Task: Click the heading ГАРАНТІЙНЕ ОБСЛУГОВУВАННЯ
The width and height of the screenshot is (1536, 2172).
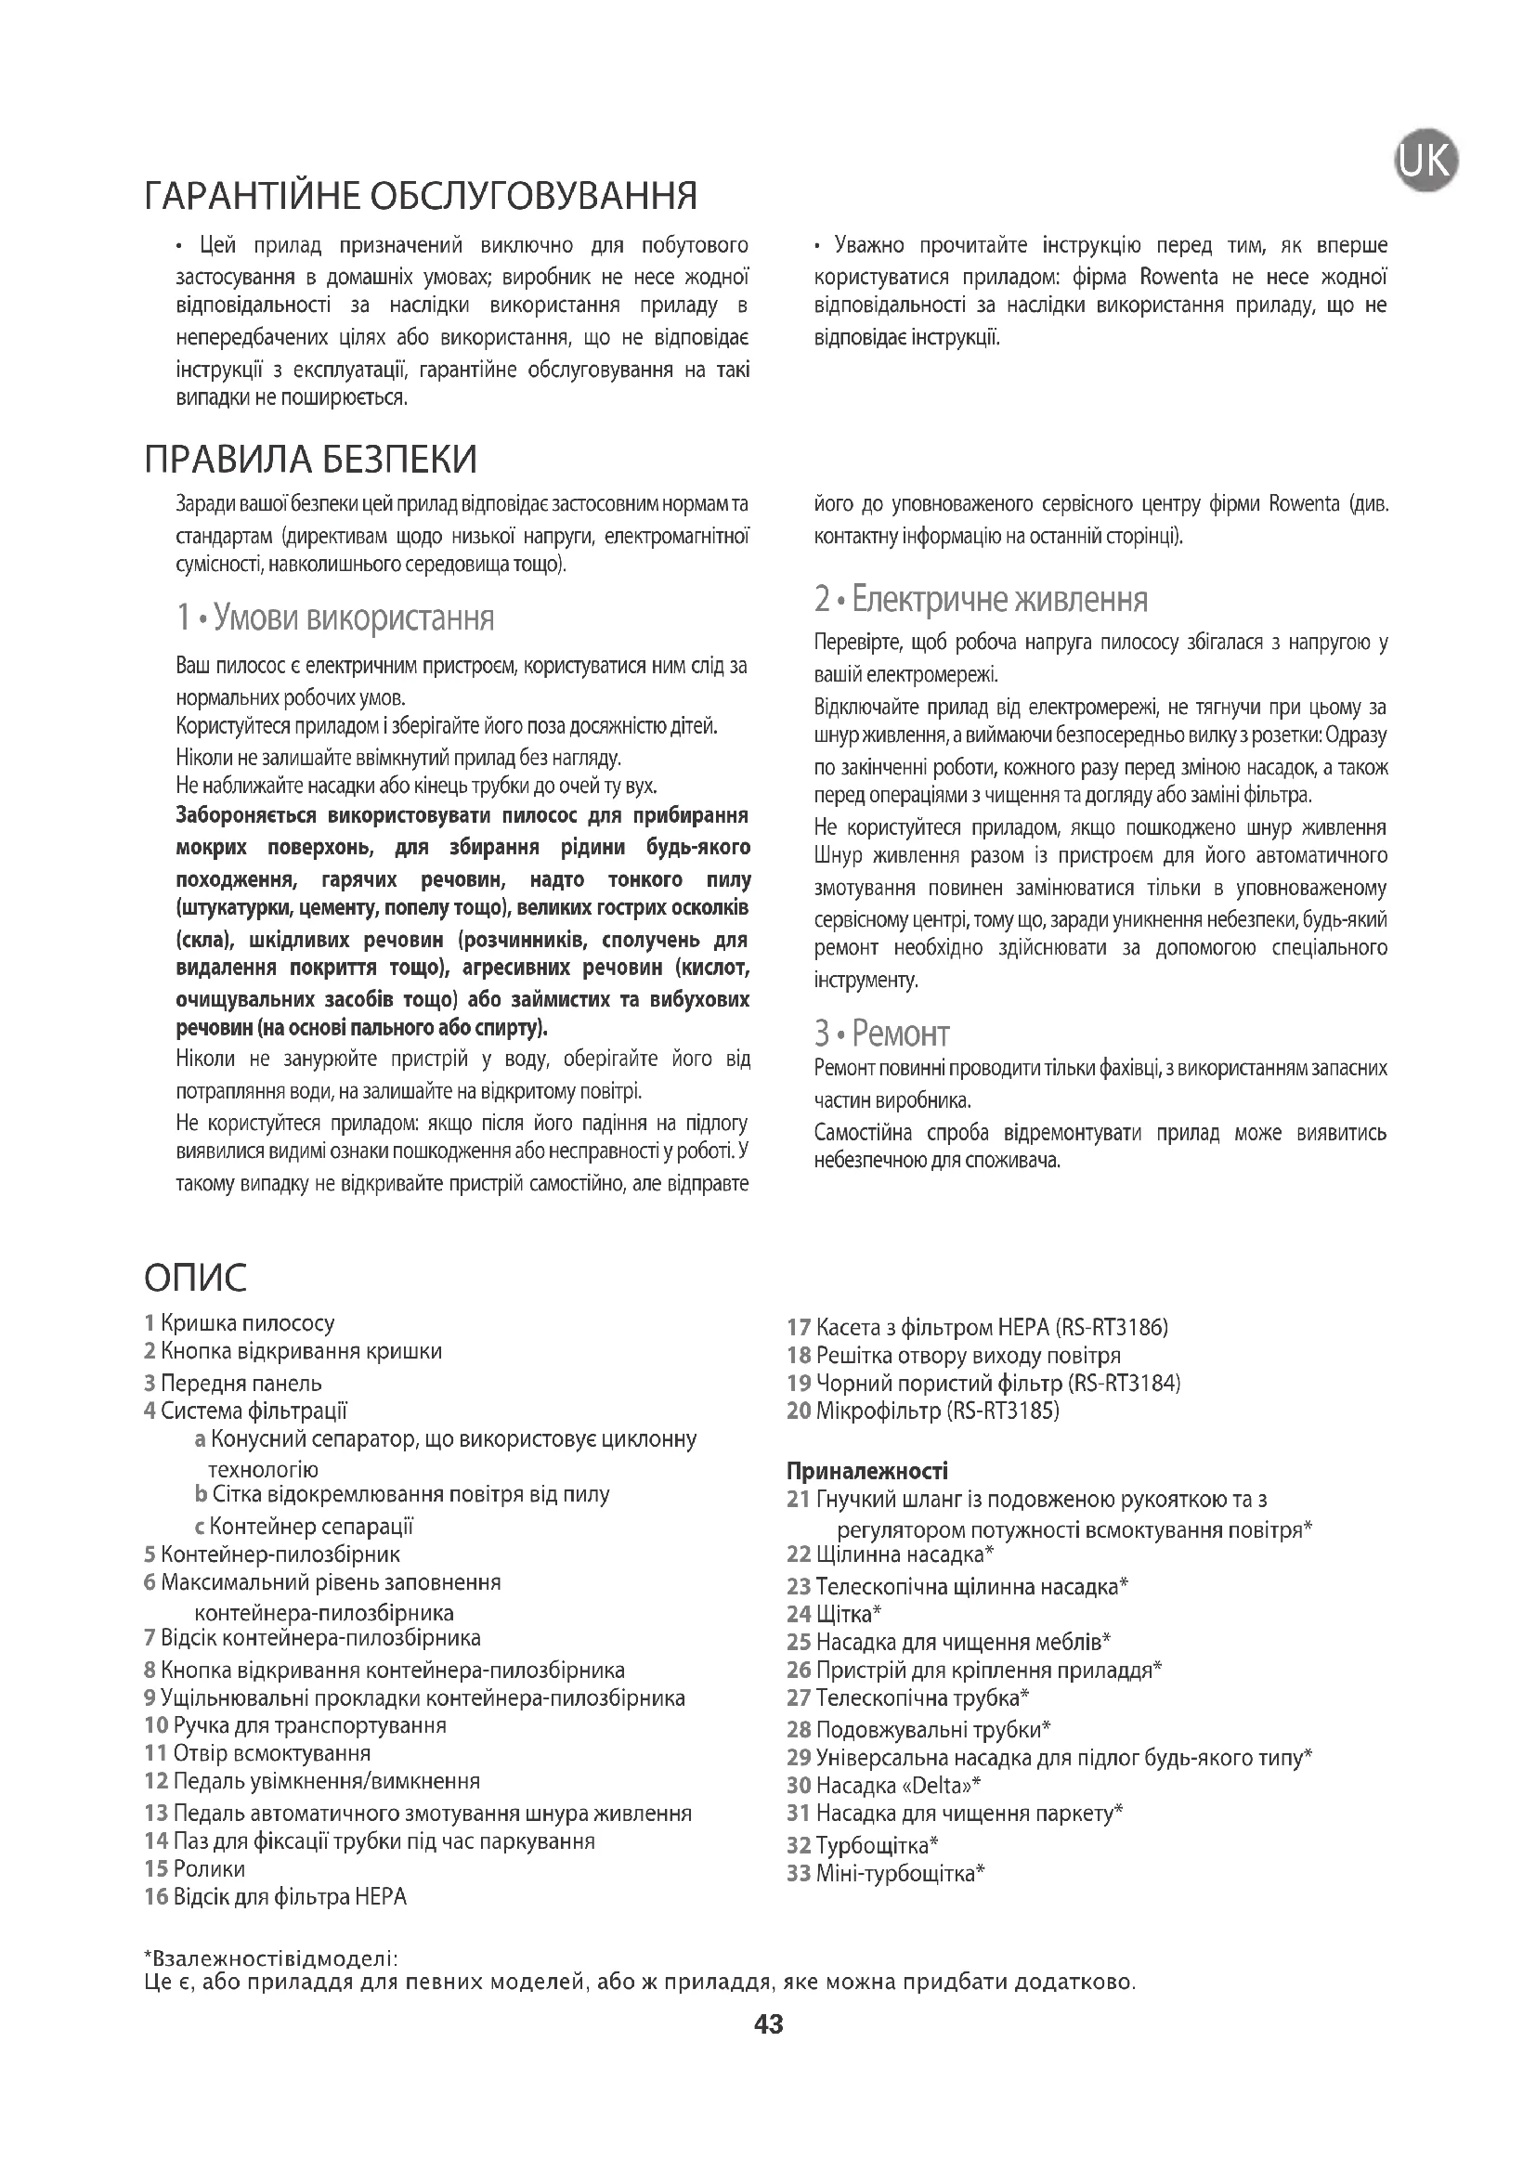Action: click(421, 196)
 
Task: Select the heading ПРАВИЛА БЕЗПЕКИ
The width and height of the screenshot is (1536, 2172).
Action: click(310, 459)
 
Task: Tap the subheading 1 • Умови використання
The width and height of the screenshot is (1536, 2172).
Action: click(335, 618)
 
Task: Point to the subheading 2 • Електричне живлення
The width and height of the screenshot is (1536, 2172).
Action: click(981, 599)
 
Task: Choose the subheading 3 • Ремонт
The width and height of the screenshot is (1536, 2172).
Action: click(881, 1033)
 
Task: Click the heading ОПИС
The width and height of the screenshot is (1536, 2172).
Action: click(196, 1277)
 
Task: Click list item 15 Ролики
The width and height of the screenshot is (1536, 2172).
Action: click(195, 1868)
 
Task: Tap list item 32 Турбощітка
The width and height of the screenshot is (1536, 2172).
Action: click(862, 1845)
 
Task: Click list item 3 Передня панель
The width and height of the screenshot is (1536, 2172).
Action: click(233, 1383)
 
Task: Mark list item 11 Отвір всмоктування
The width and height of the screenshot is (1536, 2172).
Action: click(257, 1753)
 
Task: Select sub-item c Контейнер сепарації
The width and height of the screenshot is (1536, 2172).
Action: click(304, 1526)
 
